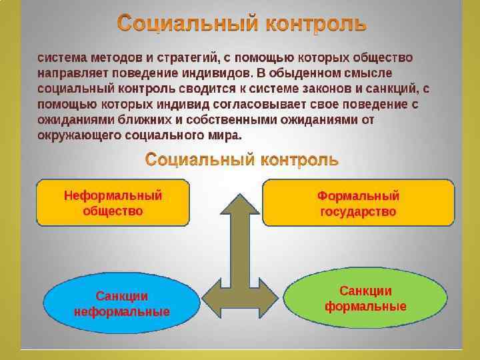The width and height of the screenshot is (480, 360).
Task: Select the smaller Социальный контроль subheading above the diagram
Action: point(242,160)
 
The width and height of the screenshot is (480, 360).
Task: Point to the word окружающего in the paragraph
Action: point(79,136)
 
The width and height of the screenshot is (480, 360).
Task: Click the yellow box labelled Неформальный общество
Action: point(113,203)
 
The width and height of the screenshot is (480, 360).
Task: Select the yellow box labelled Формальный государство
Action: point(358,203)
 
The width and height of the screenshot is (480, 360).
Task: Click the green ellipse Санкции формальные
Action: point(365,299)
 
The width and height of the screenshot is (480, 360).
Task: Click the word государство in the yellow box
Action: point(358,212)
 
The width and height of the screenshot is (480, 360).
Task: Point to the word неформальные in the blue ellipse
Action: point(121,311)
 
